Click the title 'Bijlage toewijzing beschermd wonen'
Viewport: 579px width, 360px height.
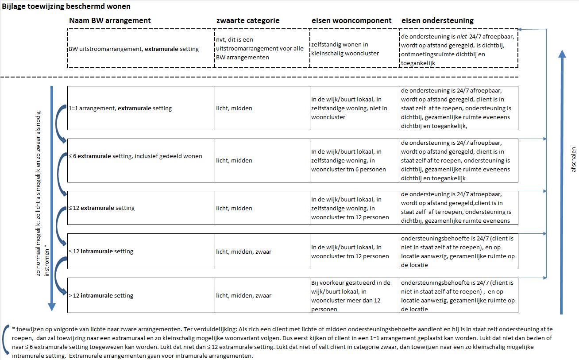(x=66, y=7)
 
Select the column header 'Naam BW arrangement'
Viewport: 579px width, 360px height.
(x=110, y=20)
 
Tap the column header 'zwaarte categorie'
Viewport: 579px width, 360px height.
(x=247, y=20)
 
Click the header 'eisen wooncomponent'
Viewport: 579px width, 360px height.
(x=351, y=20)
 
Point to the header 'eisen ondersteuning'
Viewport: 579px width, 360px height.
(x=437, y=20)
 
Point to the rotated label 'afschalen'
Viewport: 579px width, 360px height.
(x=574, y=159)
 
